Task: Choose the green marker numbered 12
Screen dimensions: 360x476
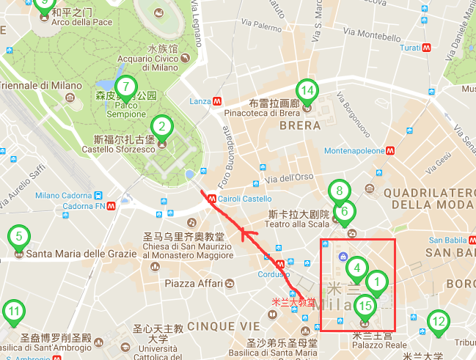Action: coord(438,321)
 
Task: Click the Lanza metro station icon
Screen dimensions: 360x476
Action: coord(217,101)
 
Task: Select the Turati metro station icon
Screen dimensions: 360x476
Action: coord(426,47)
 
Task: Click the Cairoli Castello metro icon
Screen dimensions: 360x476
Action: coord(211,197)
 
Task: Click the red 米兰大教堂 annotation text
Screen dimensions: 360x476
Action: coord(293,301)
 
